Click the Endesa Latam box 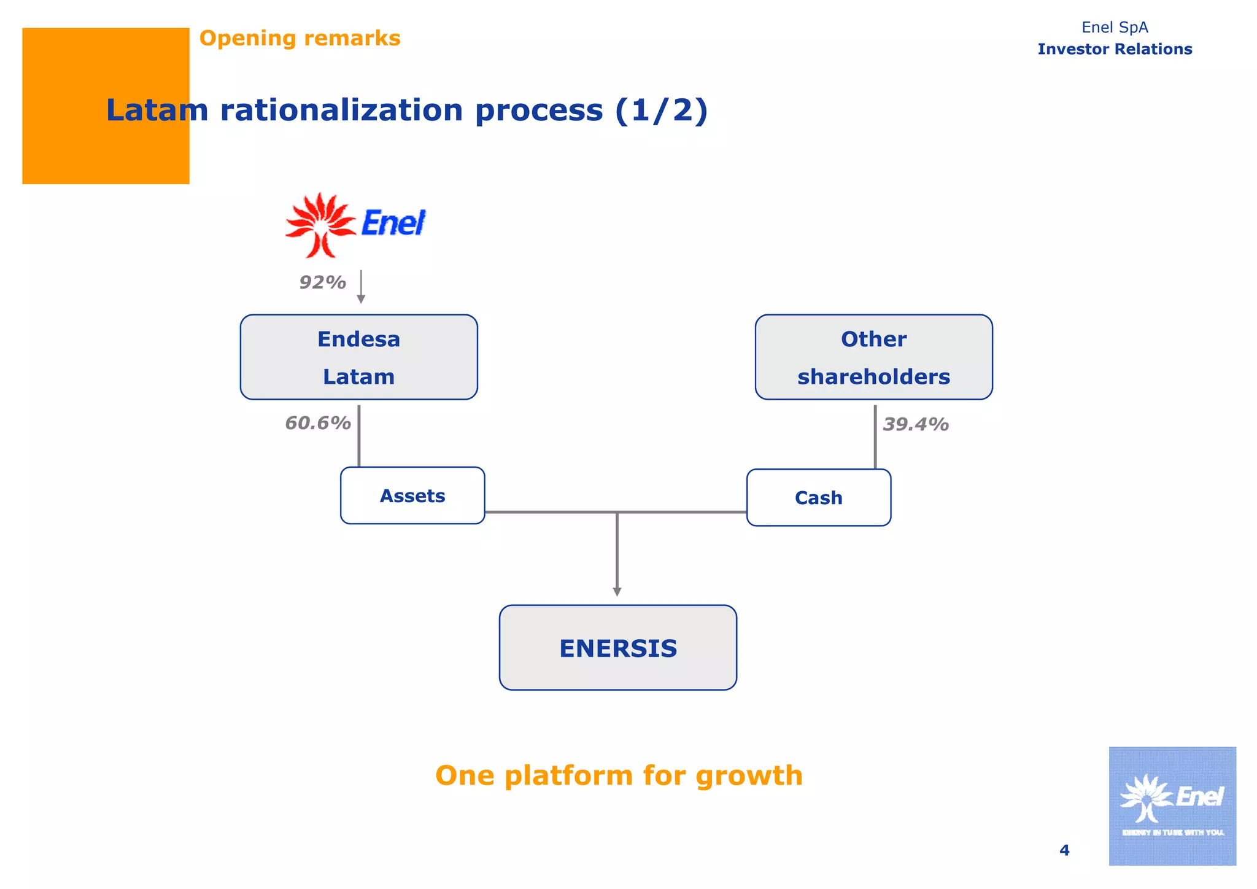point(358,357)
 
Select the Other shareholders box point(873,357)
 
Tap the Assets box point(412,495)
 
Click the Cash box point(818,497)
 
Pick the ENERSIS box point(617,648)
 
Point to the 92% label point(322,282)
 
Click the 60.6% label point(317,423)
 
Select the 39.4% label point(915,424)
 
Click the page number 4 point(1064,850)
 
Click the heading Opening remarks point(300,38)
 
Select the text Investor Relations point(1115,49)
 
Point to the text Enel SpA point(1115,28)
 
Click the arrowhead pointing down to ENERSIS point(617,591)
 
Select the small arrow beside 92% point(361,287)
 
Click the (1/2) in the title point(661,111)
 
